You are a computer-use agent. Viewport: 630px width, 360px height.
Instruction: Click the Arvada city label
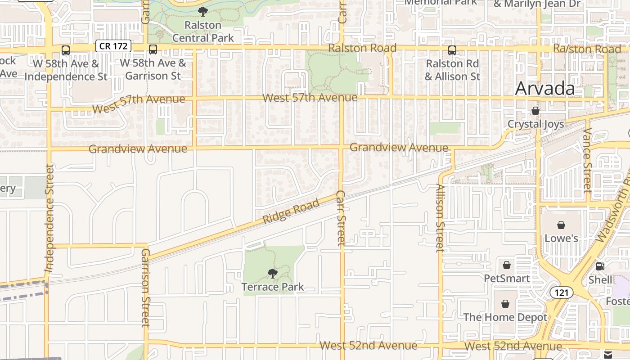pyautogui.click(x=544, y=88)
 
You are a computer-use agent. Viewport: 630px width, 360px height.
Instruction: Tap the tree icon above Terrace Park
pyautogui.click(x=272, y=273)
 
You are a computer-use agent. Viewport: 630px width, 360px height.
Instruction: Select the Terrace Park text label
pyautogui.click(x=273, y=287)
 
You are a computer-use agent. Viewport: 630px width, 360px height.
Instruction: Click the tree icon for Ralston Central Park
pyautogui.click(x=203, y=11)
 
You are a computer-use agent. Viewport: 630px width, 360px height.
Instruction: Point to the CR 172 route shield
pyautogui.click(x=113, y=45)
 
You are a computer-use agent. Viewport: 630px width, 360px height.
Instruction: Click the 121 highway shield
pyautogui.click(x=561, y=292)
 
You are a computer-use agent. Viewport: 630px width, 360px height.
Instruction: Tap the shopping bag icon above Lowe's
pyautogui.click(x=561, y=225)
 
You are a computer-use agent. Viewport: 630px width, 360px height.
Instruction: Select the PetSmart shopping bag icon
pyautogui.click(x=507, y=265)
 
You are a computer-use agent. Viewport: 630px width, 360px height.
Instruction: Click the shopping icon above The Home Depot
pyautogui.click(x=505, y=304)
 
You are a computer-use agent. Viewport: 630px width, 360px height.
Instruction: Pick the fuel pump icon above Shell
pyautogui.click(x=600, y=266)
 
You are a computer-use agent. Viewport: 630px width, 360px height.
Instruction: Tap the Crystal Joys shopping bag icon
pyautogui.click(x=535, y=110)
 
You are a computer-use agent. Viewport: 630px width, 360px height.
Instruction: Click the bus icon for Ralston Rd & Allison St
pyautogui.click(x=452, y=50)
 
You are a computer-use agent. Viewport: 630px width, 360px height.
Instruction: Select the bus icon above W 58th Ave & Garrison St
pyautogui.click(x=153, y=49)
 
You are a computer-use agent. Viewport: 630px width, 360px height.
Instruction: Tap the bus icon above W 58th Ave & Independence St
pyautogui.click(x=66, y=50)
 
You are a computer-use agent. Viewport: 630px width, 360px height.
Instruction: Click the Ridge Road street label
pyautogui.click(x=291, y=211)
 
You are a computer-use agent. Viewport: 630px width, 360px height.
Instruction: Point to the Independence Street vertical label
pyautogui.click(x=49, y=218)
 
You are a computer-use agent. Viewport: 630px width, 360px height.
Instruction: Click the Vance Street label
pyautogui.click(x=587, y=160)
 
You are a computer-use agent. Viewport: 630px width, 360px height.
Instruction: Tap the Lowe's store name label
pyautogui.click(x=561, y=238)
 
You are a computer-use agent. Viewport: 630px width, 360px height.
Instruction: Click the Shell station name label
pyautogui.click(x=600, y=280)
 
